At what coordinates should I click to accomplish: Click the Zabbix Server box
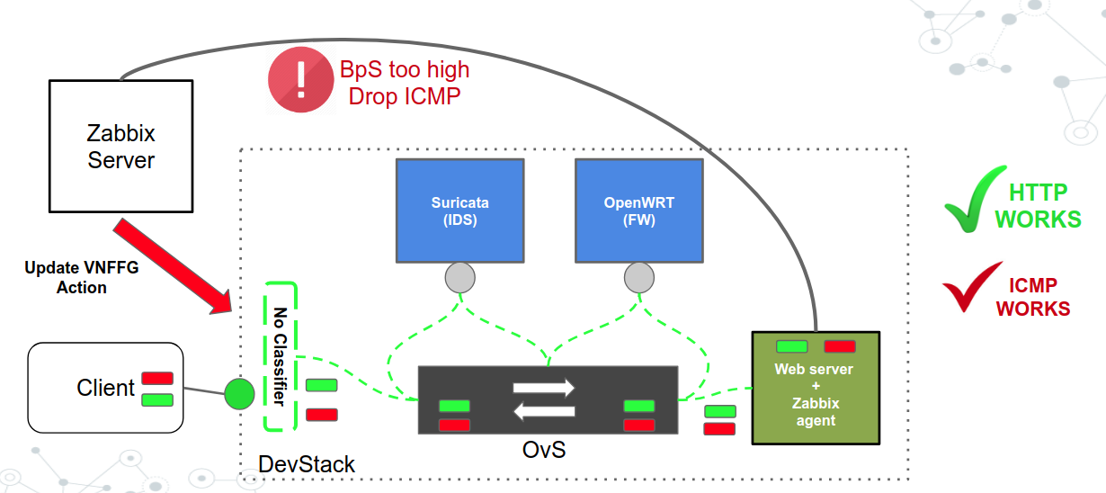pyautogui.click(x=120, y=147)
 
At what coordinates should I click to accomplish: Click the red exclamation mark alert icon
pyautogui.click(x=300, y=81)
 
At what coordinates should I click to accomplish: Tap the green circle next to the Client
pyautogui.click(x=239, y=394)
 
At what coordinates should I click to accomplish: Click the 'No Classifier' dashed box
pyautogui.click(x=280, y=356)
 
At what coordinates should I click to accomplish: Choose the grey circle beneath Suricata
pyautogui.click(x=459, y=279)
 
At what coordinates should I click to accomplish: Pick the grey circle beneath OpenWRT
pyautogui.click(x=638, y=279)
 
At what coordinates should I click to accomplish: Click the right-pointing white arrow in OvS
pyautogui.click(x=543, y=388)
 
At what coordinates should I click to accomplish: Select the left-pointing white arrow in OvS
pyautogui.click(x=543, y=412)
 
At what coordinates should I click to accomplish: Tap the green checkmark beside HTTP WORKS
pyautogui.click(x=975, y=200)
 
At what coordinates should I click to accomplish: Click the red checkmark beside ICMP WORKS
pyautogui.click(x=971, y=288)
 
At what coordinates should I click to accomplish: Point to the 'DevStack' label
pyautogui.click(x=307, y=464)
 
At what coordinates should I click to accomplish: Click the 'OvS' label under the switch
pyautogui.click(x=544, y=449)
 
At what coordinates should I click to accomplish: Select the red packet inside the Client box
pyautogui.click(x=158, y=378)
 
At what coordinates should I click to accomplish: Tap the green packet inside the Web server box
pyautogui.click(x=791, y=346)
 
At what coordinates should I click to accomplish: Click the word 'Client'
pyautogui.click(x=105, y=388)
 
